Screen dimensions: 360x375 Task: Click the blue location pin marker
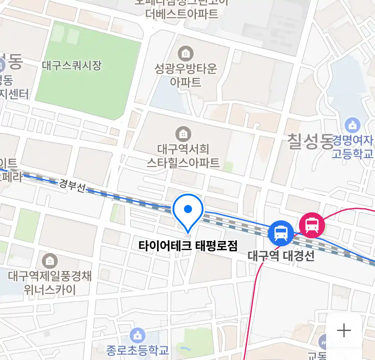(x=188, y=210)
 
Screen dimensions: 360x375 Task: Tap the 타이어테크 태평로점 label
(x=188, y=246)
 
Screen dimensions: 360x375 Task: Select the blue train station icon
(x=281, y=233)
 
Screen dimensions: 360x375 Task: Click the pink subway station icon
(x=312, y=225)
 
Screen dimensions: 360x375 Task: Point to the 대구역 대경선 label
(x=281, y=256)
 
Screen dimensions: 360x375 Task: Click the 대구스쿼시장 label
(x=72, y=65)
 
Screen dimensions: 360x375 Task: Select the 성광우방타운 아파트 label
(x=186, y=75)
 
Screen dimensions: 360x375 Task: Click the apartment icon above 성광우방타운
(x=186, y=53)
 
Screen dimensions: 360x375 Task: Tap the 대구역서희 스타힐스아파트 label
(x=183, y=155)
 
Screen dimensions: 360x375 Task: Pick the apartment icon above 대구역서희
(x=183, y=134)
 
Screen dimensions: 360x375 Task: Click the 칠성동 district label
(x=310, y=141)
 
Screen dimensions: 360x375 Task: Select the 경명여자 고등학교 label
(x=353, y=147)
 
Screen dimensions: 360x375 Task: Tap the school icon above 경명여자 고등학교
(x=353, y=125)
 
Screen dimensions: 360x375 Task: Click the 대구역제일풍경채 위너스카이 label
(x=50, y=283)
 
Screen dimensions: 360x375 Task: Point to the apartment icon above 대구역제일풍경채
(x=50, y=261)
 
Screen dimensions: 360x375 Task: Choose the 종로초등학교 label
(x=137, y=350)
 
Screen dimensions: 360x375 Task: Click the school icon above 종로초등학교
(x=137, y=336)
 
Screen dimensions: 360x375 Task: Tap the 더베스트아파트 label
(x=182, y=14)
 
